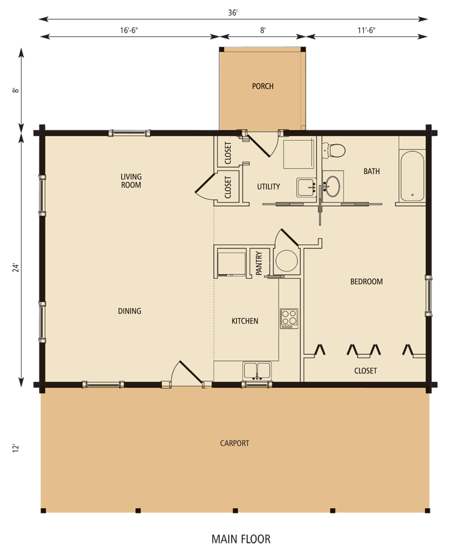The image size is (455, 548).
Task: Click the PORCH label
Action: click(263, 86)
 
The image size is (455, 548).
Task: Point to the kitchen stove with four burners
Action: click(288, 318)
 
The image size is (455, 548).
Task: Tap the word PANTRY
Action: click(259, 261)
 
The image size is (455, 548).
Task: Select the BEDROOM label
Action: click(366, 282)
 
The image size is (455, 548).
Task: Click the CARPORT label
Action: click(234, 443)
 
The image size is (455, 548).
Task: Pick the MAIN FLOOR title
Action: click(241, 539)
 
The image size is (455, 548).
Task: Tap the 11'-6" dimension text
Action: click(367, 28)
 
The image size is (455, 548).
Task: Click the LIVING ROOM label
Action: click(131, 181)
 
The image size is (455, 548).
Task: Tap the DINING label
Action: click(130, 311)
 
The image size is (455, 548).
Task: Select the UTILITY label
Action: click(269, 186)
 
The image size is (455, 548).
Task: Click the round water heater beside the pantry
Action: click(286, 261)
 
